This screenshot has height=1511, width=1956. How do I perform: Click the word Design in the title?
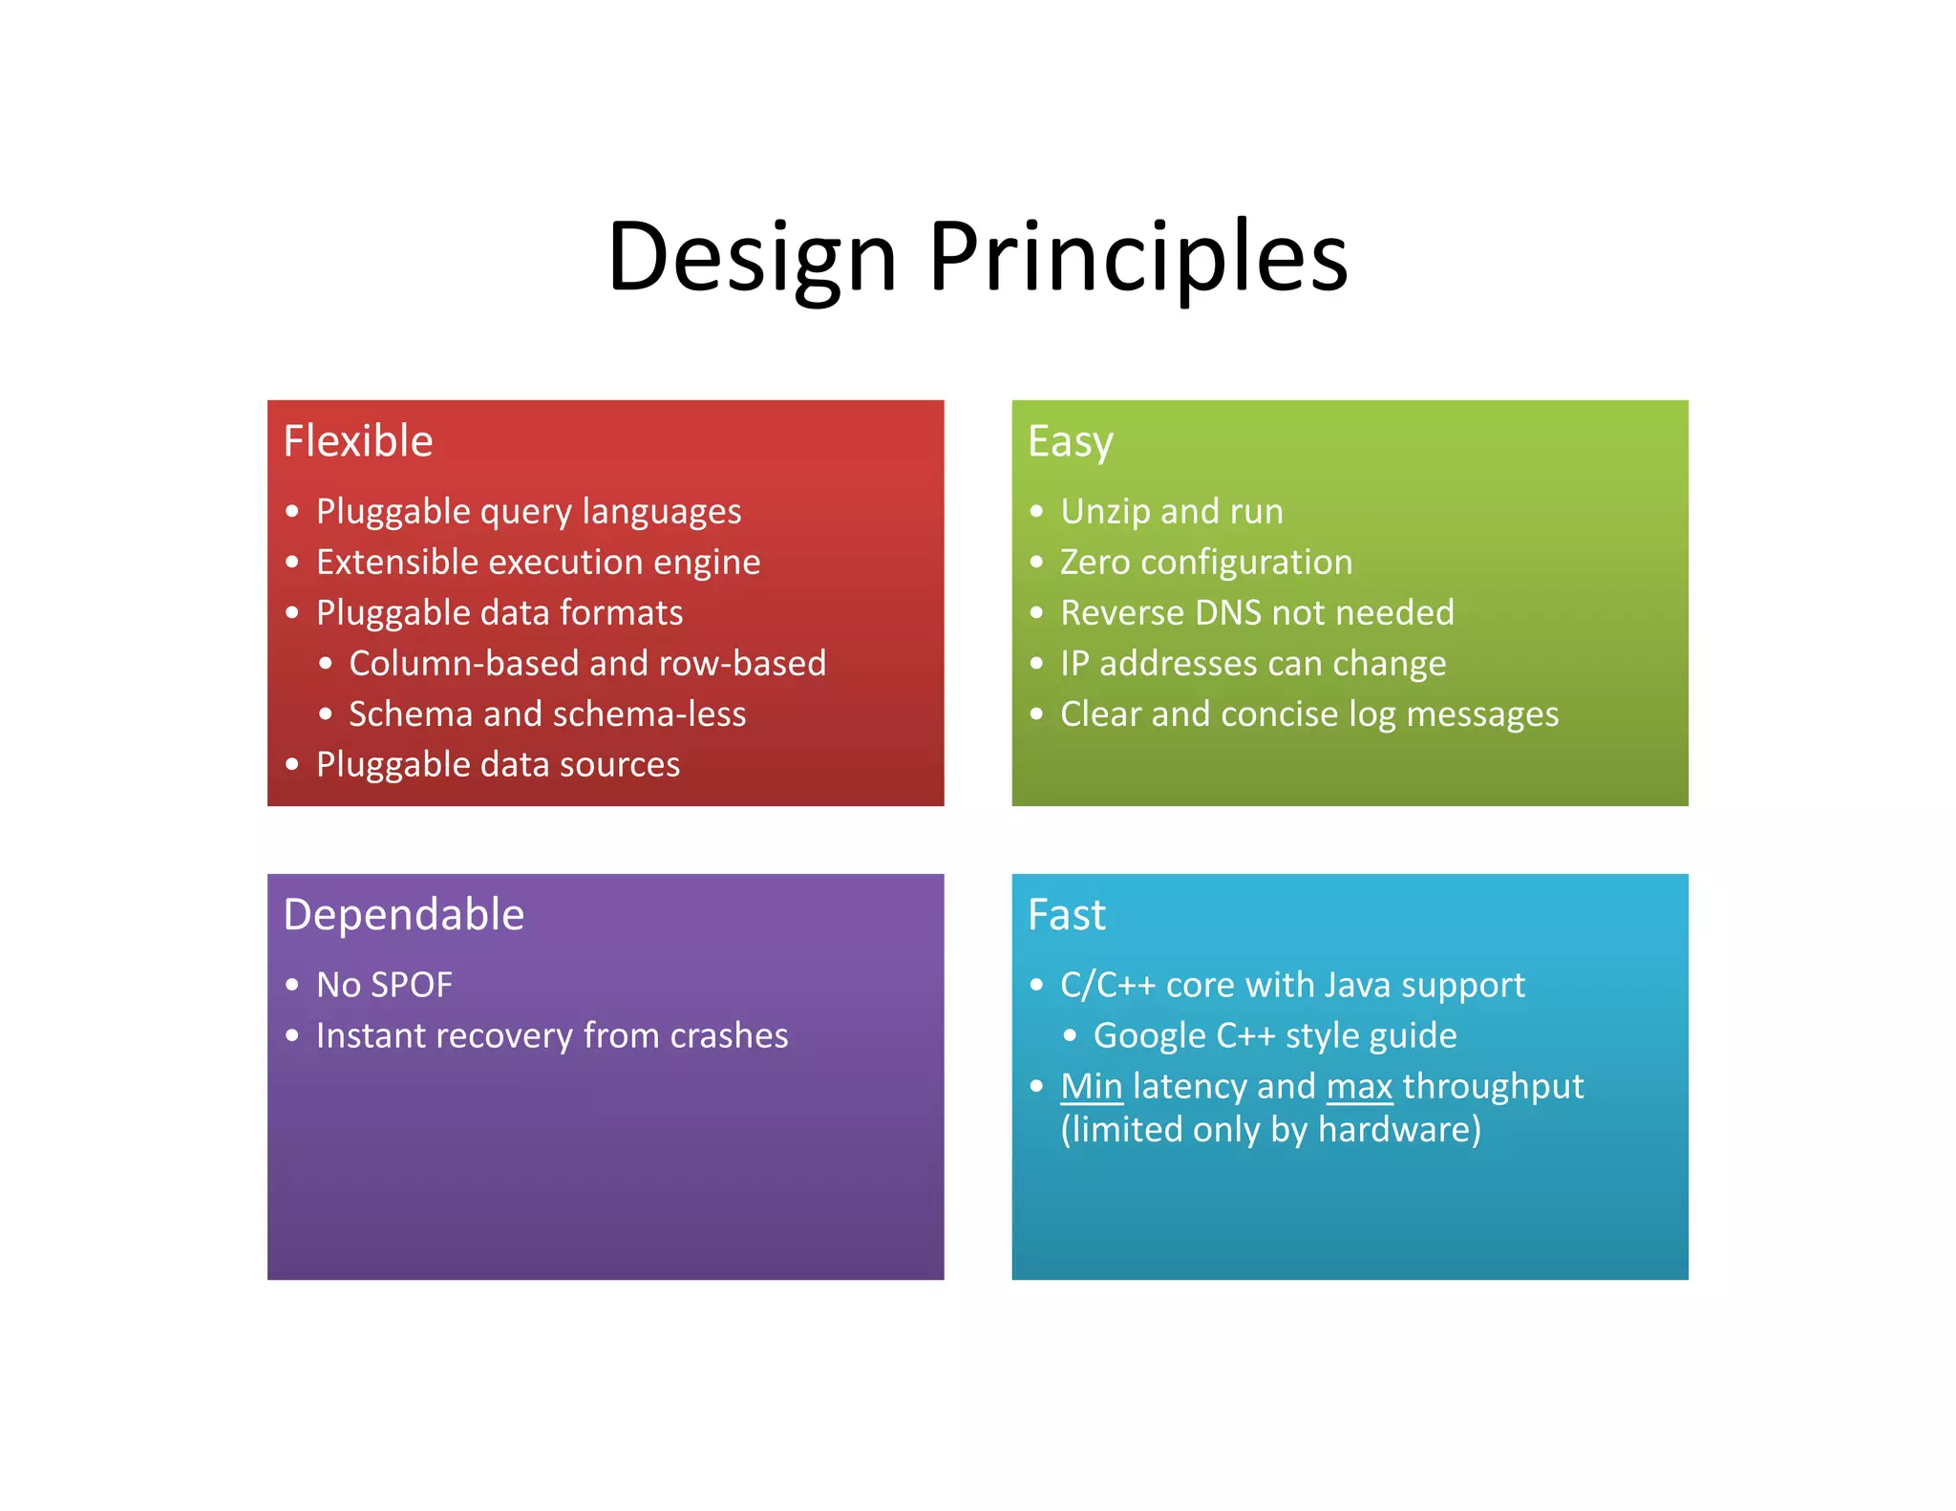752,257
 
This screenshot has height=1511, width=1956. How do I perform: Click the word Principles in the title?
1137,257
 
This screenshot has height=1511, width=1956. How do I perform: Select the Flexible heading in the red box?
358,441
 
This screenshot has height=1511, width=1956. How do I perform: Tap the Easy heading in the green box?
1071,442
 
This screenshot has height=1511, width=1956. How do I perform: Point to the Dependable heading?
404,915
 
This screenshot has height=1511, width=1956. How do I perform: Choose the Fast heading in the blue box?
1067,915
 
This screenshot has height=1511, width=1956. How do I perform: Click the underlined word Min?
1092,1086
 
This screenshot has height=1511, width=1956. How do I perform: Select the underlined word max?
1359,1086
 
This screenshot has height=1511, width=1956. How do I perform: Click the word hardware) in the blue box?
1399,1130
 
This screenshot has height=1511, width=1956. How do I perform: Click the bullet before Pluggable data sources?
292,764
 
